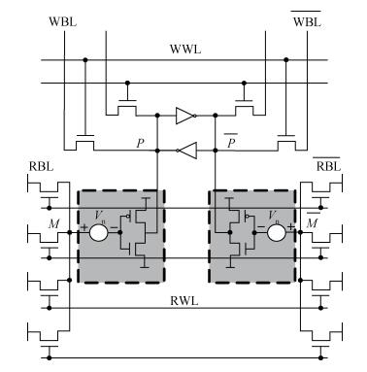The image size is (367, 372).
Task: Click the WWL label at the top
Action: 185,50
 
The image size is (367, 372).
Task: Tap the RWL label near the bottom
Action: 184,301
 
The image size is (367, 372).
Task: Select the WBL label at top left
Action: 63,22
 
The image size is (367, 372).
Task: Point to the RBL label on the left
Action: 41,166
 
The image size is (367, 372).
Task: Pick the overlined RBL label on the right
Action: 328,165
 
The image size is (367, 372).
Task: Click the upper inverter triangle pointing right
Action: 185,116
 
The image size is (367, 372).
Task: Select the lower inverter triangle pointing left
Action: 186,151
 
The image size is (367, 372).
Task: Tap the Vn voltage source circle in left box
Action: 98,232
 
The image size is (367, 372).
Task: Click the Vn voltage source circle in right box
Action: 277,232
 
